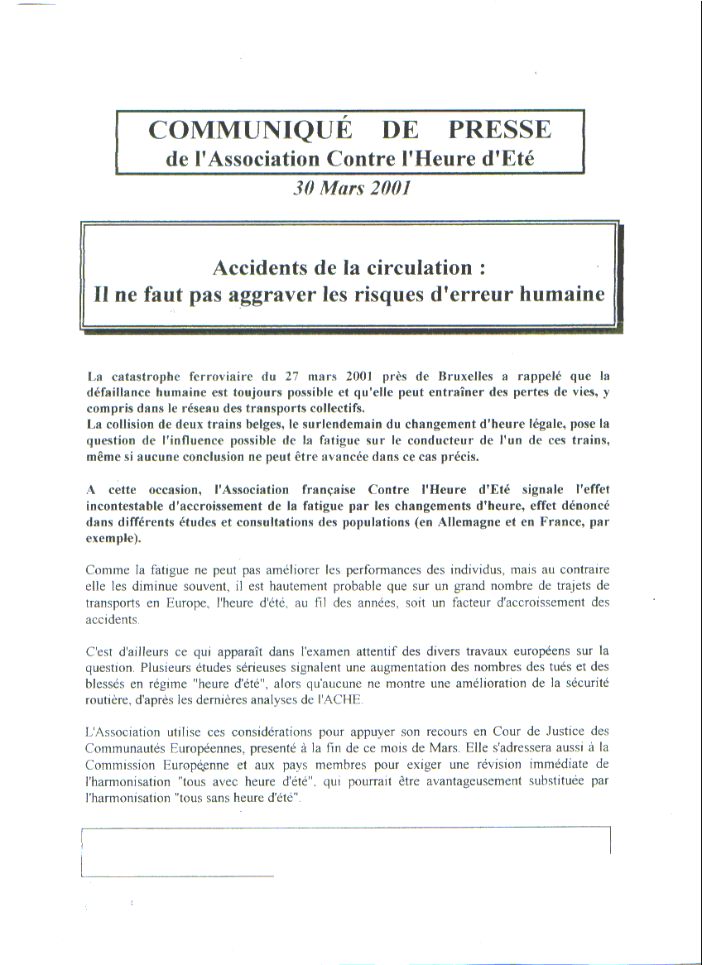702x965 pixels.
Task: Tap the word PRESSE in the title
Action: pyautogui.click(x=499, y=130)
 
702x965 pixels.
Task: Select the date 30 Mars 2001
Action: pyautogui.click(x=351, y=187)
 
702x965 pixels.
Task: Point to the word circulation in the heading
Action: pyautogui.click(x=416, y=267)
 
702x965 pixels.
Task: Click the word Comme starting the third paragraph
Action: pyautogui.click(x=105, y=570)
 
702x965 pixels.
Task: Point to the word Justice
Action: pyautogui.click(x=562, y=732)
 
